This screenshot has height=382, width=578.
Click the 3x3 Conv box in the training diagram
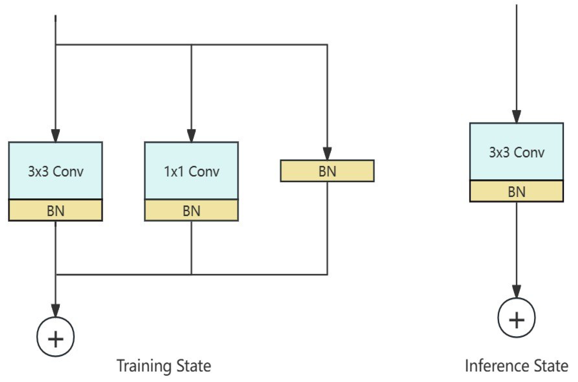55,171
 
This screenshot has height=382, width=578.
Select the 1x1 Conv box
191,171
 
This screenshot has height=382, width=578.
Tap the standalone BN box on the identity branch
327,171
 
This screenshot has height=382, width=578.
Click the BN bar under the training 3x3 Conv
55,210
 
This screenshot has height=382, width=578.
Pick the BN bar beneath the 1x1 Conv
191,210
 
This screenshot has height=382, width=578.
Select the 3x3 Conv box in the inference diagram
516,152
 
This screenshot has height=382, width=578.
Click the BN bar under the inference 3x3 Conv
516,191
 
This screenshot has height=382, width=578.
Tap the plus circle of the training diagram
55,337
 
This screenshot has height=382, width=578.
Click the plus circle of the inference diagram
516,318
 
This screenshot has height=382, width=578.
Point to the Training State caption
164,366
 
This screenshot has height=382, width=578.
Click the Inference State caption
516,366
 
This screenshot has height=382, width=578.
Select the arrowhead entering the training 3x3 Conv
55,136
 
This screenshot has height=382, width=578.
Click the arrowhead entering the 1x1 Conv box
191,136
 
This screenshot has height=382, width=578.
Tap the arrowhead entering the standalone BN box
327,154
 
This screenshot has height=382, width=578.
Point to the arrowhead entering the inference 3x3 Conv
516,117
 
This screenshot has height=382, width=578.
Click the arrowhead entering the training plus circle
55,311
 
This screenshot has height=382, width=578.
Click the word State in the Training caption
194,366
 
